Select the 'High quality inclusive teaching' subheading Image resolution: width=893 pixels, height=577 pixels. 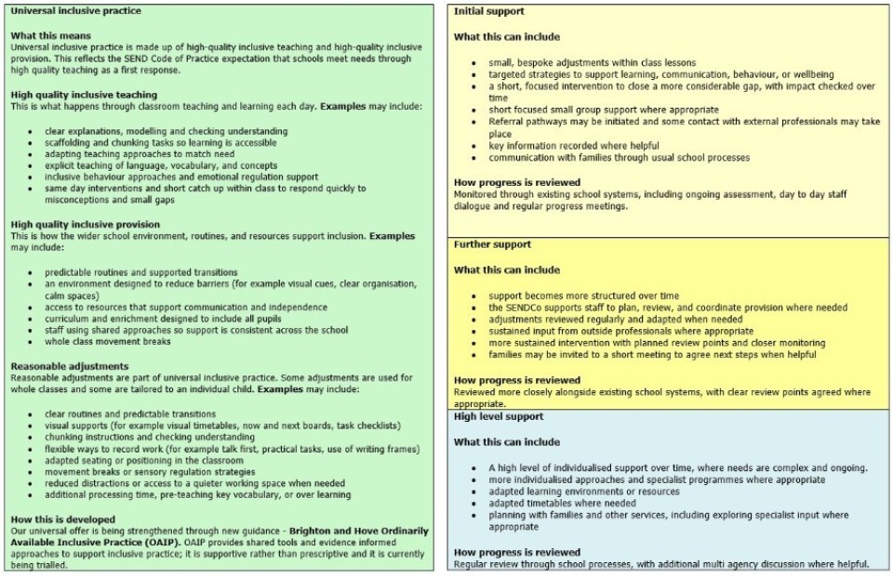[84, 95]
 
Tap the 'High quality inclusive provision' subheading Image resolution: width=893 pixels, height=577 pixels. [85, 225]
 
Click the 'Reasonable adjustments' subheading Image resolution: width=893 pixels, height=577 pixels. [70, 367]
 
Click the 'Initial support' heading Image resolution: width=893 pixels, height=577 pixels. [489, 12]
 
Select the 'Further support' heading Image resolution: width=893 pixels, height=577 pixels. [493, 244]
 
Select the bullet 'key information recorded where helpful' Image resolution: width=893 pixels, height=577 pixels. [574, 146]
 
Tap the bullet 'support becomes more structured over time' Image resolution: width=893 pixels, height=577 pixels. [584, 295]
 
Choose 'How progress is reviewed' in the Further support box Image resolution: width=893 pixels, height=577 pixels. [517, 380]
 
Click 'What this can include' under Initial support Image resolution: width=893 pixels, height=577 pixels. [507, 37]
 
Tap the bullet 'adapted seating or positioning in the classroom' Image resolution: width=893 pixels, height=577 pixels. [144, 460]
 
